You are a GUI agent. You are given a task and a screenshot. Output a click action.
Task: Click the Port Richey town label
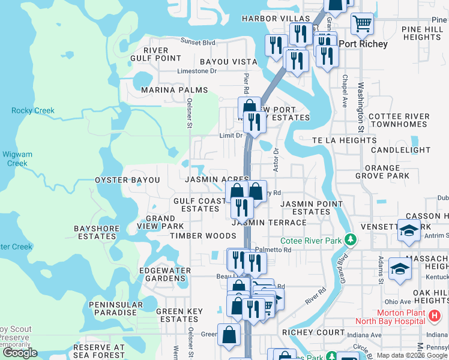363,44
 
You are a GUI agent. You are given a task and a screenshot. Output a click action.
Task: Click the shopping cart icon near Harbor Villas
362,24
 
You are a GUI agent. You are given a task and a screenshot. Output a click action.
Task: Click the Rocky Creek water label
32,110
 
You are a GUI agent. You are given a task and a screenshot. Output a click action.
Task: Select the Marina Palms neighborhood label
174,90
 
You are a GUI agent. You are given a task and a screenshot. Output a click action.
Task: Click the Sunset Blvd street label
198,43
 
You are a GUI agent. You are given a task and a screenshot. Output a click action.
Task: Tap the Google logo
19,353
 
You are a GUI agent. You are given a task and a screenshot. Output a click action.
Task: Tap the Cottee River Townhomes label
399,120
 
